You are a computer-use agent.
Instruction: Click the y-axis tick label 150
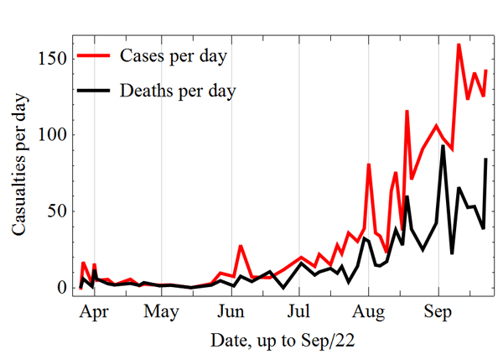[51, 58]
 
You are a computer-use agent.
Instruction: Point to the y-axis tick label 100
[51, 134]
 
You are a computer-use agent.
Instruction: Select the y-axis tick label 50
[55, 211]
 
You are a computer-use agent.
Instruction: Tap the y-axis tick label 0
[60, 287]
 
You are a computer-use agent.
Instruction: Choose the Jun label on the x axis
[231, 313]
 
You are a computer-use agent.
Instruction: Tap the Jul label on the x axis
[299, 313]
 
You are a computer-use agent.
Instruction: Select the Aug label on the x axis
[367, 313]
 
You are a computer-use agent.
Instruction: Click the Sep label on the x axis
[436, 313]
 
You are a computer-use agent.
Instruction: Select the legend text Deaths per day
[179, 88]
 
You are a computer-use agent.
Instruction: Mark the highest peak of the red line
[459, 44]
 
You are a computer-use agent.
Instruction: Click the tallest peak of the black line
[443, 146]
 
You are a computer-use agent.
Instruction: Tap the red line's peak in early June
[241, 246]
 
